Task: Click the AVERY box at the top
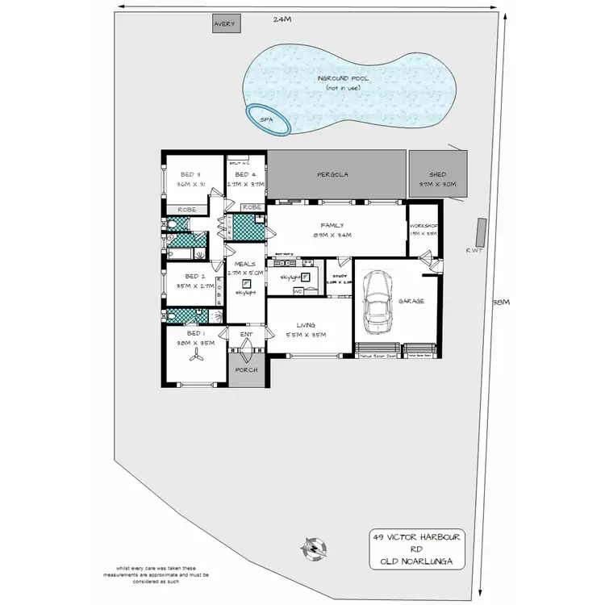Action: (224, 24)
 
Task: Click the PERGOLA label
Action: (332, 173)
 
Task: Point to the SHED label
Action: (437, 174)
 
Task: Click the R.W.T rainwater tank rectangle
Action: (482, 232)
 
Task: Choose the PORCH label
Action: (245, 370)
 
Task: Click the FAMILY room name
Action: (332, 226)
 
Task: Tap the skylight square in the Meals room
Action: (244, 285)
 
